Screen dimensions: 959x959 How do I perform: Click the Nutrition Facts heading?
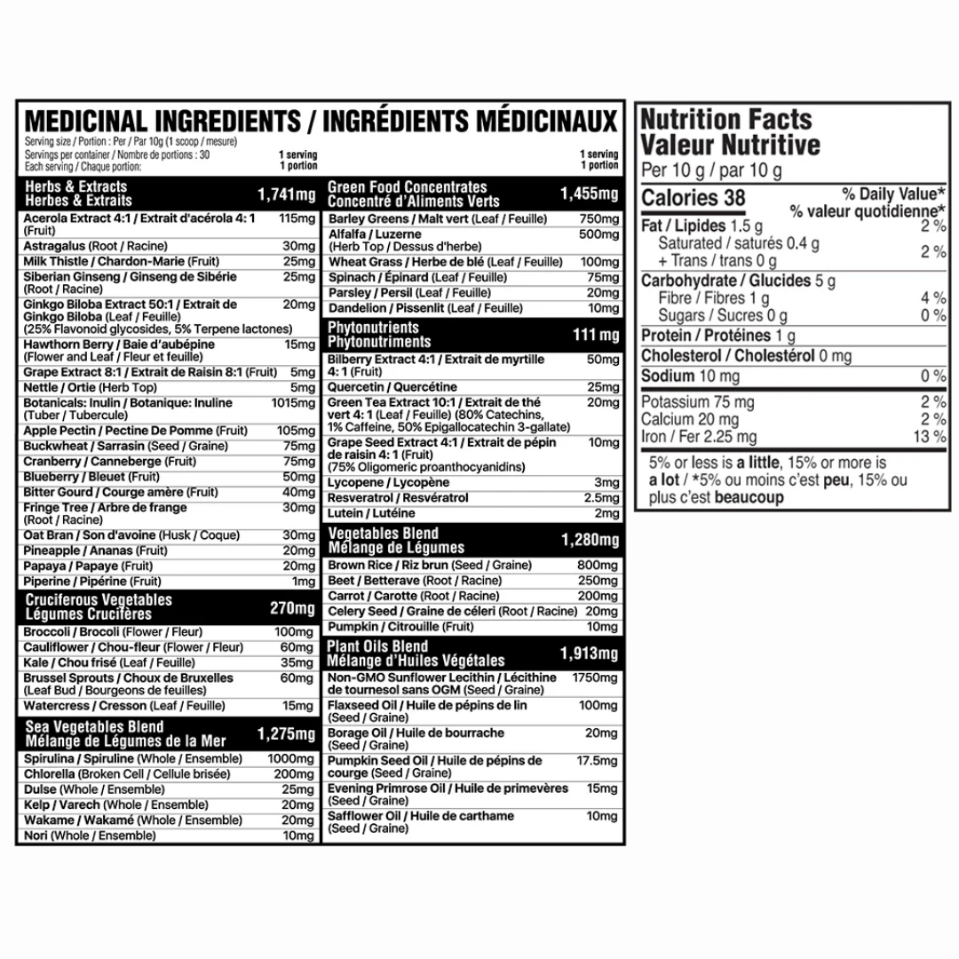[x=726, y=119]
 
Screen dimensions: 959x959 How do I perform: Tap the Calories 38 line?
[x=693, y=198]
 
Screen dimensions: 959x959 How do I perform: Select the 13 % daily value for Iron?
[x=930, y=437]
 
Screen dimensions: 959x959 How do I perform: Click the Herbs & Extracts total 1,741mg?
[x=287, y=194]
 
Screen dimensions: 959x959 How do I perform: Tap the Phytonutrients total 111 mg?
[x=597, y=335]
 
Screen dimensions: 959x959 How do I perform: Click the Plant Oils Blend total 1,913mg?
[x=590, y=654]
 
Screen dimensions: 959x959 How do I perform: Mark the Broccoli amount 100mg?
[x=295, y=631]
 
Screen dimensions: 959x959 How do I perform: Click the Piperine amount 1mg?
[x=303, y=582]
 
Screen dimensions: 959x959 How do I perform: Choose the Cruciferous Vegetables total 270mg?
[x=292, y=608]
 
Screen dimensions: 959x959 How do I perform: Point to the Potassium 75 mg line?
[x=698, y=402]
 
